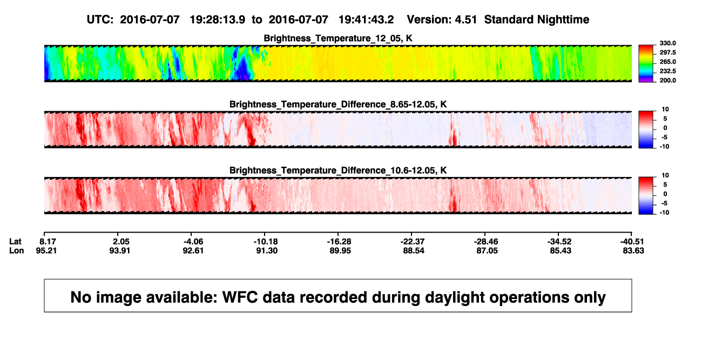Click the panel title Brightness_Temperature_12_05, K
[338, 38]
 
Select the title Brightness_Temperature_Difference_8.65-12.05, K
[338, 105]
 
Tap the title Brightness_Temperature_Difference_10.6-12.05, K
[338, 171]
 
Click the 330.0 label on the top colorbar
[667, 43]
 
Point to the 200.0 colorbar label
[667, 80]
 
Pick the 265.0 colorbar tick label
[667, 62]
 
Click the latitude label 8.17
[48, 242]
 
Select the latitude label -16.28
[339, 242]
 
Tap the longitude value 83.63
[633, 250]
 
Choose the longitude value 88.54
[414, 250]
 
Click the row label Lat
[15, 242]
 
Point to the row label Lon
[17, 250]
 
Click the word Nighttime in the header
[563, 19]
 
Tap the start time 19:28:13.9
[217, 19]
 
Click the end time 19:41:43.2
[366, 19]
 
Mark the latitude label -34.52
[559, 242]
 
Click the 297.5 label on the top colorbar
[667, 52]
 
